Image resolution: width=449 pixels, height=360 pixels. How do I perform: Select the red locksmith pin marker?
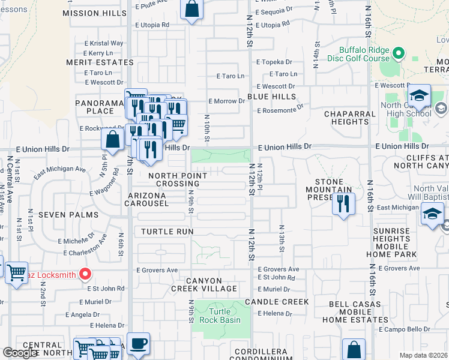click(85, 275)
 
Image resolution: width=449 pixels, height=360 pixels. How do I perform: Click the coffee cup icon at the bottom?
click(138, 344)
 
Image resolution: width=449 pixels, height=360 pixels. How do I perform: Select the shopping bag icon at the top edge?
click(191, 10)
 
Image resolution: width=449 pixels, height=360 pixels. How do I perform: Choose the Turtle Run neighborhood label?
click(167, 231)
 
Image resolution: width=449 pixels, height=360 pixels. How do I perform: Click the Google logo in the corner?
click(20, 353)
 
